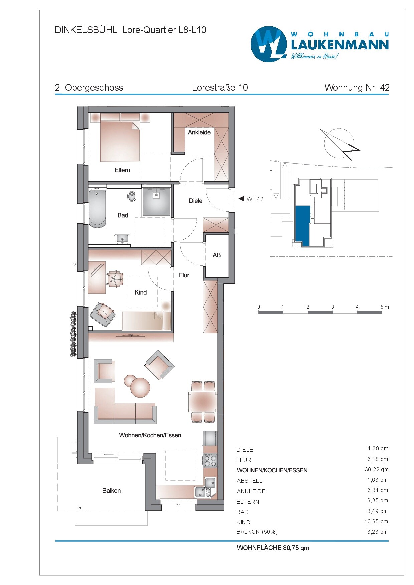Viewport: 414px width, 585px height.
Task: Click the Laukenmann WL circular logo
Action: click(x=269, y=44)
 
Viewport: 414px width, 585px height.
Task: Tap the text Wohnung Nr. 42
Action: click(x=357, y=88)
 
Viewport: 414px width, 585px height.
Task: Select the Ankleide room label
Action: click(x=199, y=132)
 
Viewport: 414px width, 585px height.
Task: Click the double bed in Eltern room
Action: click(x=120, y=142)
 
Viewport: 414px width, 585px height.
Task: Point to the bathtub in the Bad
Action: click(x=97, y=209)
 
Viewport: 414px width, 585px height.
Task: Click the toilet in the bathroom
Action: click(x=132, y=196)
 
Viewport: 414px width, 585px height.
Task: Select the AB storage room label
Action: click(x=217, y=255)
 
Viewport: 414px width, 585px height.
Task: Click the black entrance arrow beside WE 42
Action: click(x=241, y=199)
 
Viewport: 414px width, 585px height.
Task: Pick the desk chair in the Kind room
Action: click(x=115, y=279)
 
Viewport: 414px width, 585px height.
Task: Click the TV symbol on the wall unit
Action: click(x=131, y=336)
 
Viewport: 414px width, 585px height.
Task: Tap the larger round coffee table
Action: click(x=140, y=387)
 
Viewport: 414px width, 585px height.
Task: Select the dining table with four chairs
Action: click(x=203, y=402)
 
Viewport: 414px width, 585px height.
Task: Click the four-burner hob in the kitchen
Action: click(x=210, y=461)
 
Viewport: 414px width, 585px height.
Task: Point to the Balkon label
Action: click(x=112, y=490)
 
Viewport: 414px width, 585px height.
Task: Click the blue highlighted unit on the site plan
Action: click(x=303, y=226)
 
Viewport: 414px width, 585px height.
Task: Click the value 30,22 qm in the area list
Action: click(x=376, y=470)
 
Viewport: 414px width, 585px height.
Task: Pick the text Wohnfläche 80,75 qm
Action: click(x=273, y=548)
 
